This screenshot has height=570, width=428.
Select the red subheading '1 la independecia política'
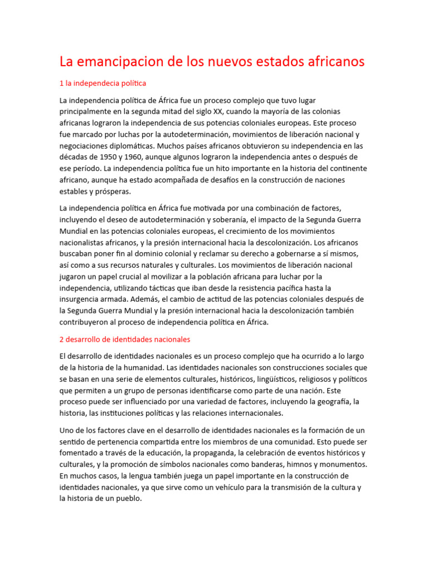[103, 83]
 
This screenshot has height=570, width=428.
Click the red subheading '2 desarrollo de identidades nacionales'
[125, 339]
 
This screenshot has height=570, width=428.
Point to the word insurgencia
[81, 299]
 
